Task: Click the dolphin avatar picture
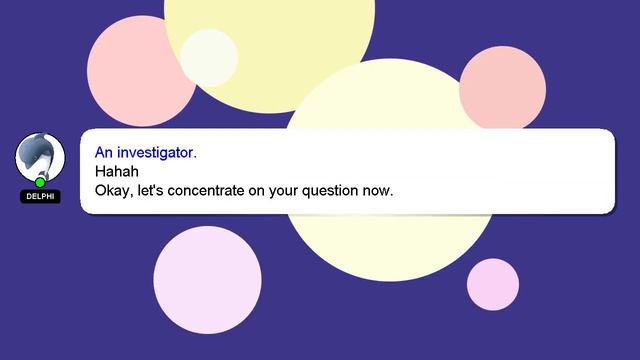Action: (40, 157)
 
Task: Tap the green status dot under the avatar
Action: (40, 182)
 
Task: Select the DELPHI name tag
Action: (40, 197)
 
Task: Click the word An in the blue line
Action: (104, 153)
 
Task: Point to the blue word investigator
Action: (157, 153)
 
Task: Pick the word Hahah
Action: (116, 171)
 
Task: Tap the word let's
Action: (151, 189)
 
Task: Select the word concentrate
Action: (211, 189)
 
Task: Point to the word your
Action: (293, 189)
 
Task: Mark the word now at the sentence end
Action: (382, 189)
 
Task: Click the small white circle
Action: (209, 57)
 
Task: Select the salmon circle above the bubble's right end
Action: (502, 88)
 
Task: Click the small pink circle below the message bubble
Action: (493, 284)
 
